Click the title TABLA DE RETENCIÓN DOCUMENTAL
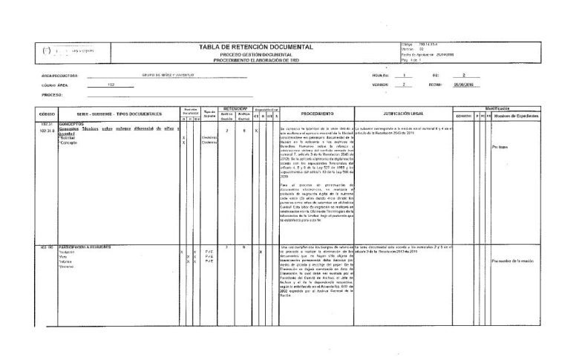[x=255, y=47]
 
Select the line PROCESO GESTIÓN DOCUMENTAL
[x=255, y=55]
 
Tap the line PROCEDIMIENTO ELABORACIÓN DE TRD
[x=255, y=60]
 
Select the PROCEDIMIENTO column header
[x=318, y=114]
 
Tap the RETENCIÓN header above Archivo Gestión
[x=235, y=108]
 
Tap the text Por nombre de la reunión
[x=513, y=262]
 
